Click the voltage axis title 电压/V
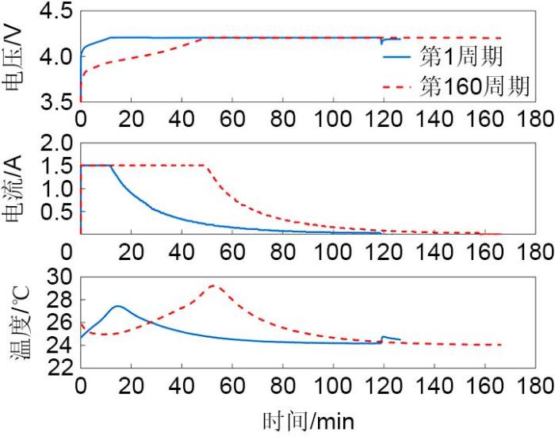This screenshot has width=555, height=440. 13,57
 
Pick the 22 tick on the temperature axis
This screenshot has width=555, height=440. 58,367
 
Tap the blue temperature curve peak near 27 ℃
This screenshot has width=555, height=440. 117,306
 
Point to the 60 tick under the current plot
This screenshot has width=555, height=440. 232,252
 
